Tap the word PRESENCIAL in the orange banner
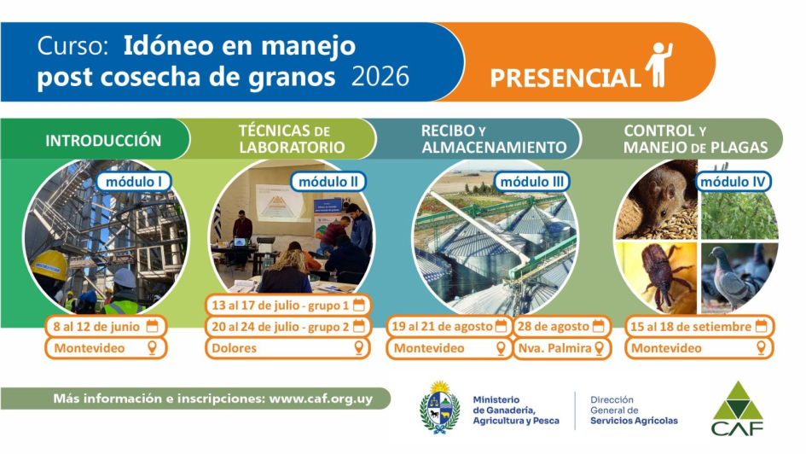[x=565, y=79]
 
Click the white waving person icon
[x=658, y=64]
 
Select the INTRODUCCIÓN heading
[x=103, y=140]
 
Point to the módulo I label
[x=134, y=181]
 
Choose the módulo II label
[x=328, y=181]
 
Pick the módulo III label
[x=532, y=181]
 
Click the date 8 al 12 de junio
[x=105, y=326]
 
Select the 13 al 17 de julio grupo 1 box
[x=287, y=305]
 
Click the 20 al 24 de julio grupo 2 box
[x=287, y=326]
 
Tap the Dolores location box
[x=287, y=348]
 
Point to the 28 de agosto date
[x=559, y=326]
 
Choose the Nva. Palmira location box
[x=559, y=348]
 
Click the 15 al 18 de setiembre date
[x=699, y=326]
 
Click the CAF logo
[x=738, y=407]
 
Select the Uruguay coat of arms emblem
[x=440, y=407]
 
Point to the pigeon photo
[x=739, y=276]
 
